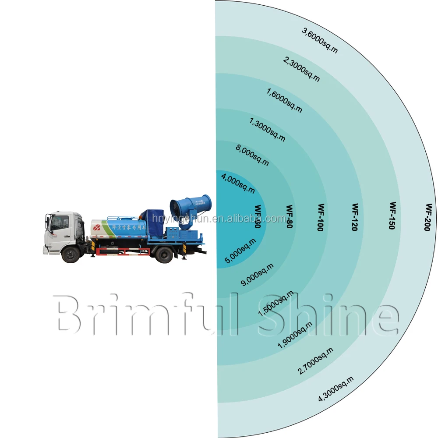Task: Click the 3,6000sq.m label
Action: (320, 40)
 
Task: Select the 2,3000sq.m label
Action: (302, 70)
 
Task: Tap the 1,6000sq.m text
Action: (284, 100)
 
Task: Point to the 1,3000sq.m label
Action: (267, 129)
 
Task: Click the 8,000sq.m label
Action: (252, 156)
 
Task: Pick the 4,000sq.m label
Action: (238, 184)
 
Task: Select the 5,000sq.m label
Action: (240, 251)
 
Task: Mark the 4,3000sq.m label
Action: (336, 389)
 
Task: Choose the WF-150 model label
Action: (393, 215)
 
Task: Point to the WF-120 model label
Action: (355, 217)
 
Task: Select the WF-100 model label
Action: (321, 217)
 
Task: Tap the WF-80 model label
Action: (289, 217)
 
